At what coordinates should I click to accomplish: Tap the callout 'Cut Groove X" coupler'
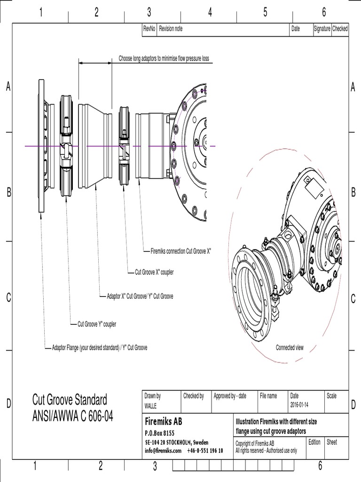point(154,272)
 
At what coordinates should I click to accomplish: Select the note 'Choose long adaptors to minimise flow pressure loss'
point(164,59)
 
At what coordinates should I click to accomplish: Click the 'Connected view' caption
point(290,347)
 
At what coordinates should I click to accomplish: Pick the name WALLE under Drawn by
point(150,405)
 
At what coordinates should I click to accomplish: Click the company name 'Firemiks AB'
point(163,421)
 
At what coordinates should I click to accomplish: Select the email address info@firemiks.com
point(163,450)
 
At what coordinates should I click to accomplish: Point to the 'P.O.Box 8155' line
point(159,433)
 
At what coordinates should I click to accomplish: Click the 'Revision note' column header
point(171,29)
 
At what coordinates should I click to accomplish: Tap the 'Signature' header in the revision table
point(322,29)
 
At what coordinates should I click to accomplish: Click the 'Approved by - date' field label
point(230,396)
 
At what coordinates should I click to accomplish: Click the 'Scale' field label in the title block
point(331,396)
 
